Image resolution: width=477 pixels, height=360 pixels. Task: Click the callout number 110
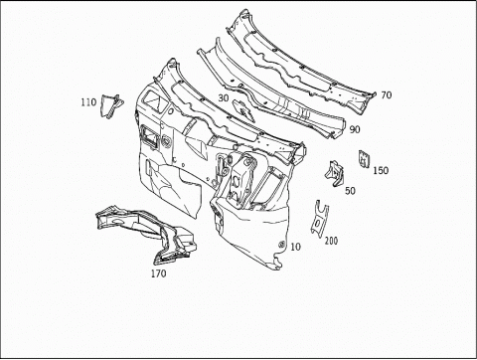tap(88, 102)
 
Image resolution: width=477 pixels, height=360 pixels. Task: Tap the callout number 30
tap(224, 98)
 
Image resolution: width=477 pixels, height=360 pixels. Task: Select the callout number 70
tap(387, 95)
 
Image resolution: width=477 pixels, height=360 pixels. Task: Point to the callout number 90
tap(355, 129)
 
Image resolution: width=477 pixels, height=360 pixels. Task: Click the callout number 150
tap(381, 170)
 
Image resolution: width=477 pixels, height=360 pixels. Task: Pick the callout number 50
tap(350, 191)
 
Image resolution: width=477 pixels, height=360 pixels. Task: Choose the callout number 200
tap(331, 241)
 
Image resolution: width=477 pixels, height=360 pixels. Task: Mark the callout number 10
tap(296, 247)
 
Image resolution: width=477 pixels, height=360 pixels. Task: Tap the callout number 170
tap(159, 273)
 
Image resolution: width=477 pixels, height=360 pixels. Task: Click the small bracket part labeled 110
tap(111, 105)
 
